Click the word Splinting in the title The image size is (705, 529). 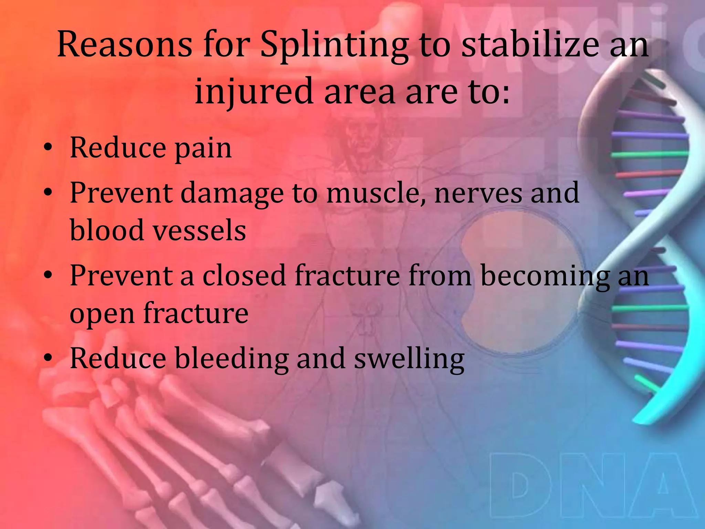tap(334, 45)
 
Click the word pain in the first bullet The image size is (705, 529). tap(203, 148)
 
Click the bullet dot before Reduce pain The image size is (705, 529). tap(48, 148)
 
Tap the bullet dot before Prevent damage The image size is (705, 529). tap(48, 193)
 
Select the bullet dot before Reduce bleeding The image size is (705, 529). tap(48, 358)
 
